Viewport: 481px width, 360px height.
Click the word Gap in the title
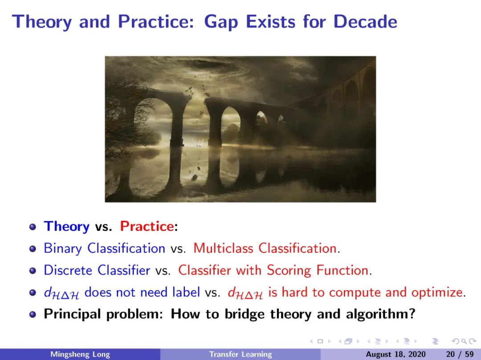click(x=221, y=22)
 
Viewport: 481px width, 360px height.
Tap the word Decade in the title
click(x=365, y=21)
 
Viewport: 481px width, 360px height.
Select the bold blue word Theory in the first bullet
click(x=66, y=227)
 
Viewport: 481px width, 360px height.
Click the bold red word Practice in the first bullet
click(x=147, y=226)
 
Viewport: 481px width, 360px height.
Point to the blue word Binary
click(x=63, y=248)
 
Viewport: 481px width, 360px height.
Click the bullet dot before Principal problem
click(x=33, y=314)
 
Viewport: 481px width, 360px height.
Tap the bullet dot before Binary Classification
click(x=33, y=249)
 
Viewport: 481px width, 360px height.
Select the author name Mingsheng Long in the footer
click(x=80, y=355)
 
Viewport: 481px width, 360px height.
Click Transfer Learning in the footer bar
click(x=240, y=355)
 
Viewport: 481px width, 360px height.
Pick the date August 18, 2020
click(x=396, y=355)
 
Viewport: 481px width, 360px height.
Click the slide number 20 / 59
click(x=460, y=355)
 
